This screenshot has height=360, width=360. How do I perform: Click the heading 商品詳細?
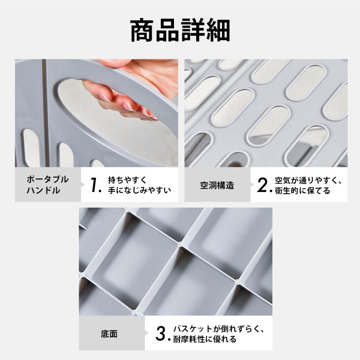pos(180,30)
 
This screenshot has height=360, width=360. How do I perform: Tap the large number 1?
pos(94,185)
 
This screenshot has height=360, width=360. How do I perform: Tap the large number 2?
pos(262,185)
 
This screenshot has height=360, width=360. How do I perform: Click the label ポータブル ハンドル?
pos(48,185)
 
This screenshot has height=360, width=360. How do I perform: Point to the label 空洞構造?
pos(217,185)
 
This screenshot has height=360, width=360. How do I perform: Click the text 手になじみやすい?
pos(139,190)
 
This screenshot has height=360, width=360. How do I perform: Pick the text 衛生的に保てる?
pos(302,190)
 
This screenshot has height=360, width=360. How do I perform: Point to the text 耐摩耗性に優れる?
pos(204,340)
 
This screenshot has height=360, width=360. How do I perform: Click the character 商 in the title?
pos(142,30)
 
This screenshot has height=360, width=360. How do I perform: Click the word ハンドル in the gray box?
pos(44,190)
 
